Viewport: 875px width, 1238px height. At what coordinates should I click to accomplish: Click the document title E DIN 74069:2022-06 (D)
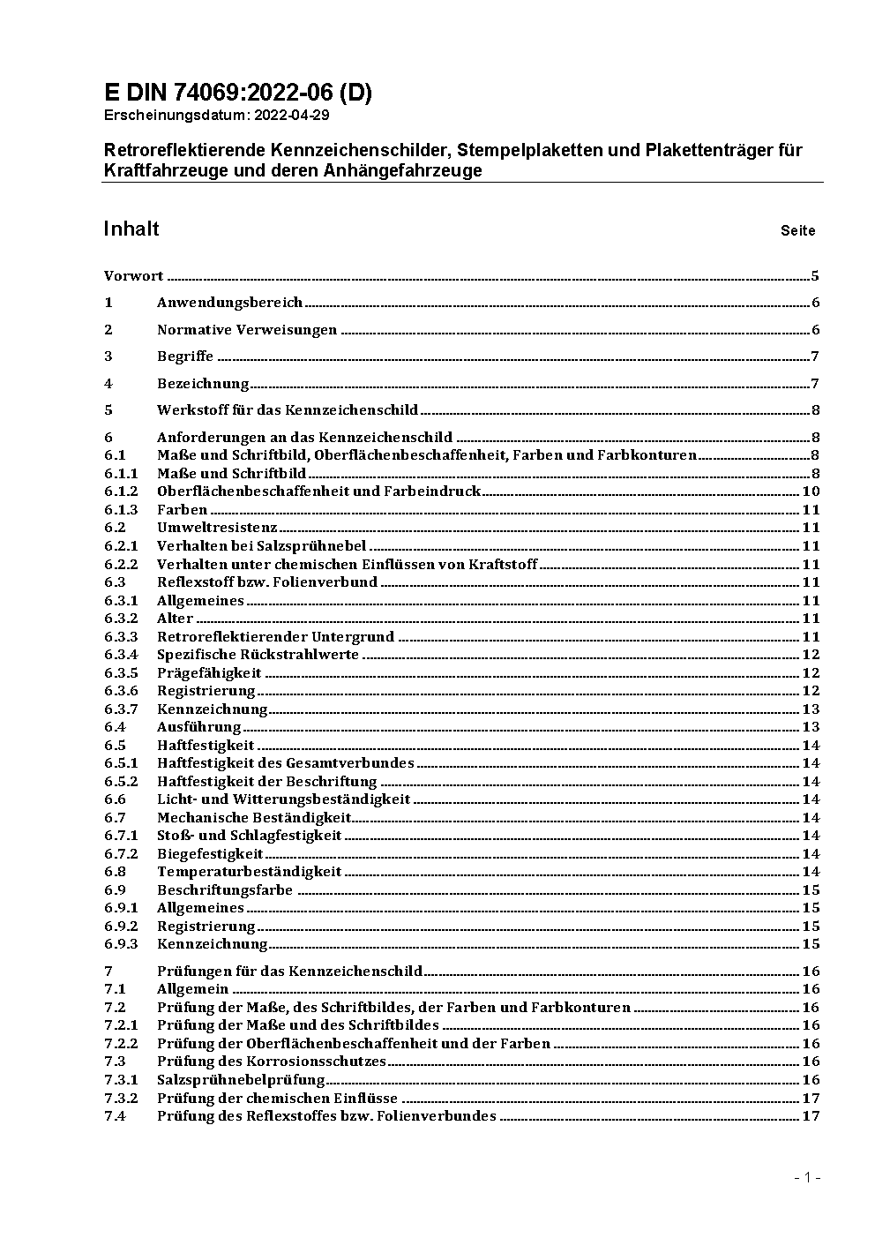[238, 93]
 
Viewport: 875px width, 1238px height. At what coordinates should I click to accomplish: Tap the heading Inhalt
[131, 229]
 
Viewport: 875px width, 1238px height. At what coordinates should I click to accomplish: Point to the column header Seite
[797, 231]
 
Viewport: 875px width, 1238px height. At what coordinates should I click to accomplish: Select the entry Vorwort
[133, 276]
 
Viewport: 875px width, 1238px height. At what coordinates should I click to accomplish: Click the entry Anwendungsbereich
[229, 303]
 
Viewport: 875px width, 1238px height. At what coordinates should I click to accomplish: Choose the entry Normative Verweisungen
[247, 330]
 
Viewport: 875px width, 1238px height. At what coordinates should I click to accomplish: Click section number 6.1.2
[121, 491]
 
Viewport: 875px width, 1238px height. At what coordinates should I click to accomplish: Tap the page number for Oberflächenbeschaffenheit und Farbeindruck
[811, 491]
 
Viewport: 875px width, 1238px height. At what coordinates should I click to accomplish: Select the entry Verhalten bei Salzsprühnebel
[261, 546]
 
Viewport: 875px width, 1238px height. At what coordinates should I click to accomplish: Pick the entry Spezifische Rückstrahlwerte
[258, 655]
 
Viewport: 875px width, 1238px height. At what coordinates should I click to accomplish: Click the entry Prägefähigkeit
[209, 673]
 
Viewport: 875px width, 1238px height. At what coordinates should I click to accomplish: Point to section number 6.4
[115, 727]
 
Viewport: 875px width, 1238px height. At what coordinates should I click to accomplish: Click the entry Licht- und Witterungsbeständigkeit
[283, 799]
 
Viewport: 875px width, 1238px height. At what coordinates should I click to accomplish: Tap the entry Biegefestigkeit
[210, 854]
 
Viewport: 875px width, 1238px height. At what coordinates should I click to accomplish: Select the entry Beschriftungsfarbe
[224, 890]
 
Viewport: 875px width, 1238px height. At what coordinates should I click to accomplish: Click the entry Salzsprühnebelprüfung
[241, 1080]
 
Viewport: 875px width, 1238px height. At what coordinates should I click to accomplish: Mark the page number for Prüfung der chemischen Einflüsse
[811, 1099]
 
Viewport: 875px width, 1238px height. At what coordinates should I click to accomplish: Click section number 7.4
[115, 1116]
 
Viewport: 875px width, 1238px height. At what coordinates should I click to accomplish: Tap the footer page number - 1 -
[806, 1177]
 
